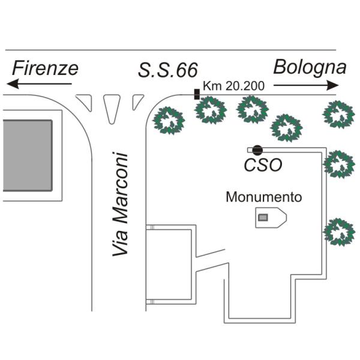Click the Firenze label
pyautogui.click(x=45, y=68)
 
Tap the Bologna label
pyautogui.click(x=310, y=67)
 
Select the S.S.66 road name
pyautogui.click(x=168, y=70)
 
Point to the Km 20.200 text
pyautogui.click(x=234, y=86)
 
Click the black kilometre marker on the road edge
pyautogui.click(x=197, y=94)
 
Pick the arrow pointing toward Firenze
pyautogui.click(x=39, y=84)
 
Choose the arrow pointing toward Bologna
pyautogui.click(x=306, y=85)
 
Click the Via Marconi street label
pyautogui.click(x=120, y=204)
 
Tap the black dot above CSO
pyautogui.click(x=257, y=150)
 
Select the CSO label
pyautogui.click(x=263, y=165)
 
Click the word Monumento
pyautogui.click(x=264, y=197)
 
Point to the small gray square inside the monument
pyautogui.click(x=263, y=217)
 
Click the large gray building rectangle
pyautogui.click(x=28, y=155)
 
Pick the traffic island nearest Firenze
pyautogui.click(x=85, y=103)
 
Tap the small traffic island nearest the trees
pyautogui.click(x=137, y=102)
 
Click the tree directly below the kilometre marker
pyautogui.click(x=211, y=110)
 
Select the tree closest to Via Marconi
pyautogui.click(x=169, y=121)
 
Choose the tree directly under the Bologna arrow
pyautogui.click(x=338, y=115)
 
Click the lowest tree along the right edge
pyautogui.click(x=339, y=232)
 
